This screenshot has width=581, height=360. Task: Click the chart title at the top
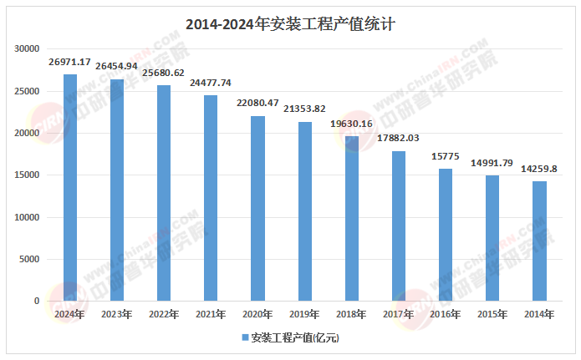[x=290, y=24]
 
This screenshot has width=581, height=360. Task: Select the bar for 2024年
[x=70, y=188]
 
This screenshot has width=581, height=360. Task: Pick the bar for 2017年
[x=399, y=226]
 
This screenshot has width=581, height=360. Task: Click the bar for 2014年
[x=539, y=241]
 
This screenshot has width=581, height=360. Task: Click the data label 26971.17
[x=70, y=63]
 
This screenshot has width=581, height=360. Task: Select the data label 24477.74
[x=211, y=84]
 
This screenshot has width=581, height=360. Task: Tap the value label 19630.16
[x=352, y=124]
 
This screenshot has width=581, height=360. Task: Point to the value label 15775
[x=446, y=156]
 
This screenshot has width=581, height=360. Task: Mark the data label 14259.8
[x=539, y=169]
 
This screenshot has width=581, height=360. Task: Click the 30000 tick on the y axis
[x=27, y=48]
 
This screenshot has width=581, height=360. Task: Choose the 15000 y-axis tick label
[x=27, y=175]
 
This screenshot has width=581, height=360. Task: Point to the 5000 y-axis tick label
[x=29, y=259]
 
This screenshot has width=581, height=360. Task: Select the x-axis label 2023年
[x=117, y=315]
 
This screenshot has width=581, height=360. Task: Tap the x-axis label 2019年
[x=305, y=315]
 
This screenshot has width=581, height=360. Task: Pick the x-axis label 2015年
[x=492, y=315]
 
